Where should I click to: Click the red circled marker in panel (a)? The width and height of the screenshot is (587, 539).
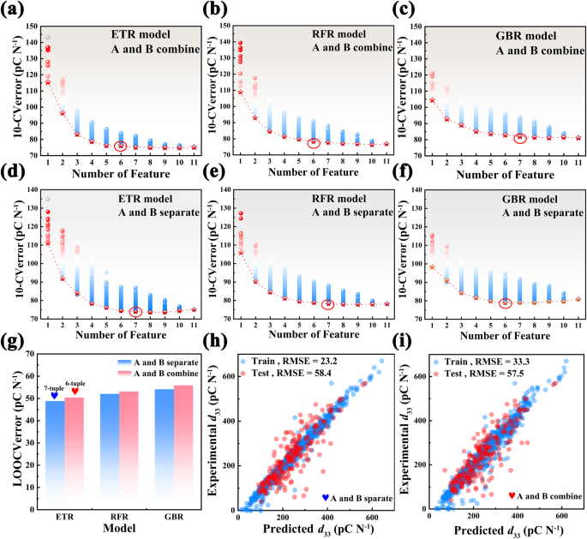[121, 147]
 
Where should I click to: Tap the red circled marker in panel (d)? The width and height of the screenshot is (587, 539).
[135, 312]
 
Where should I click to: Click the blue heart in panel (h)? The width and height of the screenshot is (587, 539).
[326, 497]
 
